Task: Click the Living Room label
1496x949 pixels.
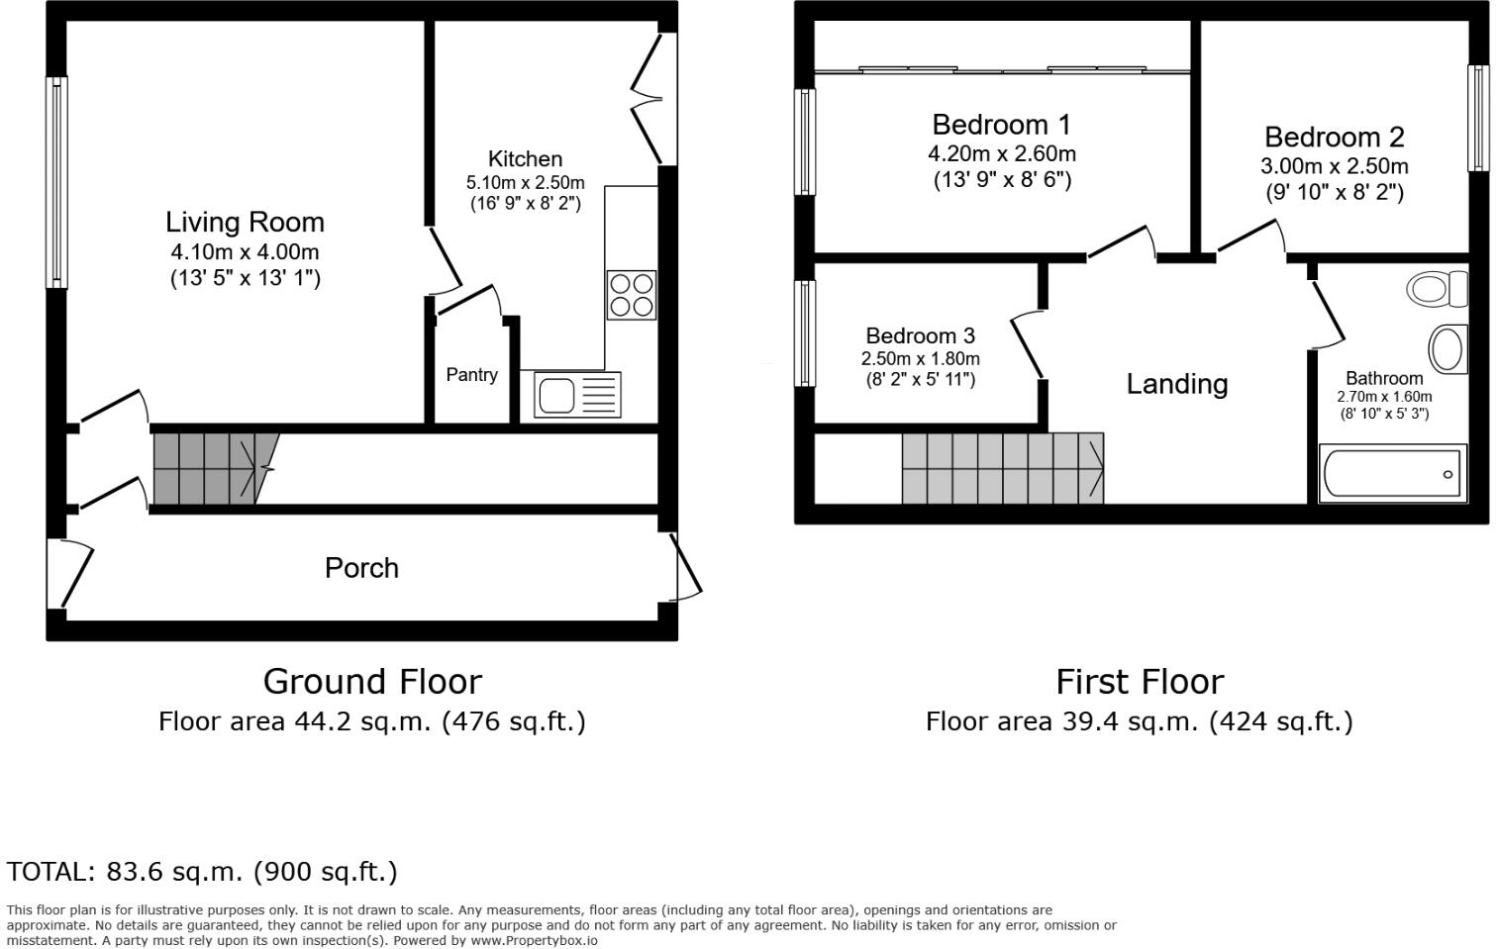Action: tap(246, 223)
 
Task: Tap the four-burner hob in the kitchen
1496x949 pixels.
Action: tap(631, 295)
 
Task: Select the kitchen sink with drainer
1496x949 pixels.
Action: tap(577, 395)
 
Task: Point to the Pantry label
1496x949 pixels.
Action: tap(472, 374)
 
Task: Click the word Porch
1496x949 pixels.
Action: tap(362, 568)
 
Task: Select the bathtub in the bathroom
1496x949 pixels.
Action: tap(1393, 473)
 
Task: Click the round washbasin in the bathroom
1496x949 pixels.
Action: tap(1447, 349)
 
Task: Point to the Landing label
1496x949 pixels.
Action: tap(1177, 384)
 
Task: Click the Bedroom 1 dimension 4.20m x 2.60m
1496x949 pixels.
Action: tap(1002, 154)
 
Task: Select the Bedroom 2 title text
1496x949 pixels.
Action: tap(1335, 137)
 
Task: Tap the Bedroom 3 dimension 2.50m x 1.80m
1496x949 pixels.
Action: tap(921, 358)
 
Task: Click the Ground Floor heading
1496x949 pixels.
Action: tap(372, 682)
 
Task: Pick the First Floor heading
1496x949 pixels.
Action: tap(1140, 682)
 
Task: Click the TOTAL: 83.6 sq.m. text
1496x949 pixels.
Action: tap(124, 872)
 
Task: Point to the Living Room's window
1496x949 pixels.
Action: tap(56, 182)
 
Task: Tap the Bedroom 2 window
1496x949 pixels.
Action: tap(1478, 118)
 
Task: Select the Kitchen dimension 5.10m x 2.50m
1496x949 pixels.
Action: tap(526, 183)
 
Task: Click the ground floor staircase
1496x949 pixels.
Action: tap(217, 468)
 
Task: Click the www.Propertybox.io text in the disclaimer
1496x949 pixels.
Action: tap(535, 941)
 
